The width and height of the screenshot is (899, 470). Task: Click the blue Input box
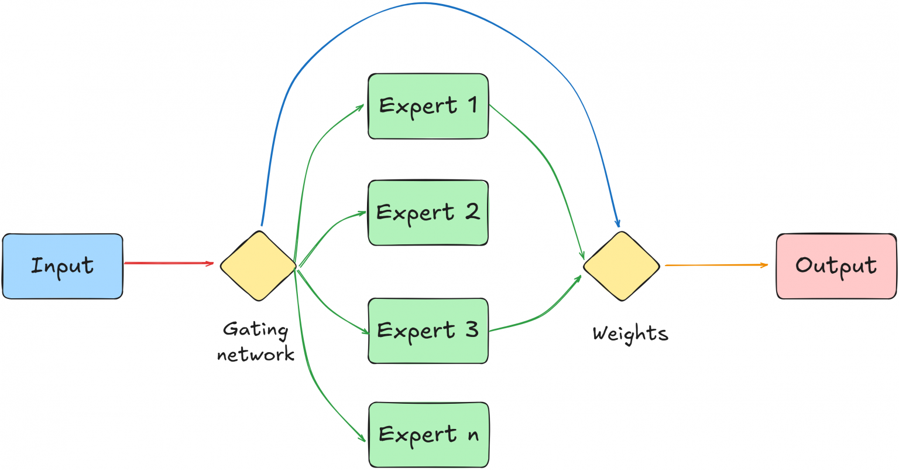(63, 266)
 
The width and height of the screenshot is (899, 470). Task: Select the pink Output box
(836, 266)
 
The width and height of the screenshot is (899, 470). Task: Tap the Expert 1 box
(428, 106)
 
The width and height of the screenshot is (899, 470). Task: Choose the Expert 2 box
(428, 213)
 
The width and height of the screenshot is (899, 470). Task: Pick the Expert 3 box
(428, 331)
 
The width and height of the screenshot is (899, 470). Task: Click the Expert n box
(428, 434)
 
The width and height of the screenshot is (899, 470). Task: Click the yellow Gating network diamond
(258, 266)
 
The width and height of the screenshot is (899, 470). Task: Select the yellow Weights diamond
(622, 266)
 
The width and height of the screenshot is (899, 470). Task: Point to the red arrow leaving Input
(169, 263)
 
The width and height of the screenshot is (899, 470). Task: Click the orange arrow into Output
(715, 265)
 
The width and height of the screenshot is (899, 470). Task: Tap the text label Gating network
(256, 342)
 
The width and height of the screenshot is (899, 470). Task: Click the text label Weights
(630, 333)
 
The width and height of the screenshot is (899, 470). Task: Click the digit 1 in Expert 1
(472, 105)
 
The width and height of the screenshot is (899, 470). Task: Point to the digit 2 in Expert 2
(472, 212)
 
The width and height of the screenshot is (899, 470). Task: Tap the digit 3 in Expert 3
(472, 329)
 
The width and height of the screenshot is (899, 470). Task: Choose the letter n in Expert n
(472, 435)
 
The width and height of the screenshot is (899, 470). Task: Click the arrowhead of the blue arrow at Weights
(617, 223)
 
